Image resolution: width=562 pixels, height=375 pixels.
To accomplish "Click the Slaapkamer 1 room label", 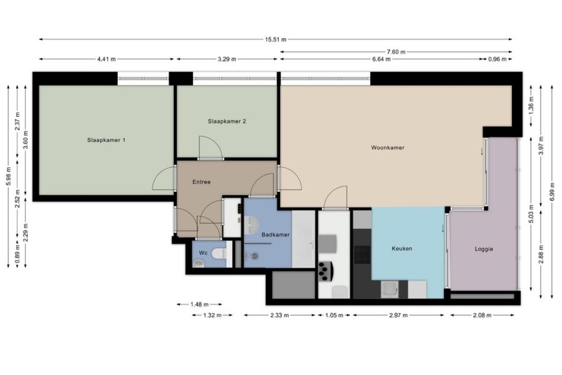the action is click(106, 140).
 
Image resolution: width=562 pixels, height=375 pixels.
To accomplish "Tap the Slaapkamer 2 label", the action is click(227, 121).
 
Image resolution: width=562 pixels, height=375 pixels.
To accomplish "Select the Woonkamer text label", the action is click(388, 148).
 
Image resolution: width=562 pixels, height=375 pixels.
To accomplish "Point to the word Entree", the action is click(202, 182).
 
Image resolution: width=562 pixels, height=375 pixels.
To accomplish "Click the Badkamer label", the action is click(275, 234).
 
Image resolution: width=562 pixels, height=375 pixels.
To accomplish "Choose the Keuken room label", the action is click(402, 249).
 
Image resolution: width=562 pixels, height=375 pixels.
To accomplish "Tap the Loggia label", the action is click(484, 249).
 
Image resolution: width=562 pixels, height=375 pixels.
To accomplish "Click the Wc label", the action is click(203, 253).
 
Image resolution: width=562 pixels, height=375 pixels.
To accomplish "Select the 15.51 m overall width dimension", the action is click(275, 40).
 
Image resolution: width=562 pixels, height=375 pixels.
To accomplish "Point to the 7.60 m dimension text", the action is click(396, 52).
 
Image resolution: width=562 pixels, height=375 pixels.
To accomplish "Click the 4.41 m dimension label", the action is click(106, 59).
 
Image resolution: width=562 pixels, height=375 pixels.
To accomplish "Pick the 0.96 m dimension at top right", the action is click(497, 59).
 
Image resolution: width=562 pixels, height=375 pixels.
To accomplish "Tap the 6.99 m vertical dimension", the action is click(552, 192).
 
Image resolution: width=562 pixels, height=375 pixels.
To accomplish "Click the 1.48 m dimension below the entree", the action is click(199, 304).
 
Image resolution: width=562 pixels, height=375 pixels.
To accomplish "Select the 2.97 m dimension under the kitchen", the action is click(398, 315).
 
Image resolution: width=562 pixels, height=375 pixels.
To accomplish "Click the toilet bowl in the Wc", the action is click(219, 253).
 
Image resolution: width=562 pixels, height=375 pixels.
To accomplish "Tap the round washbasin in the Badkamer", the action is click(251, 225).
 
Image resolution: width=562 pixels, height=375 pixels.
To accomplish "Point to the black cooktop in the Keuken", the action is click(362, 255).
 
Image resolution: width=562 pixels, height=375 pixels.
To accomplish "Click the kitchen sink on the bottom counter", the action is click(389, 289).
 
